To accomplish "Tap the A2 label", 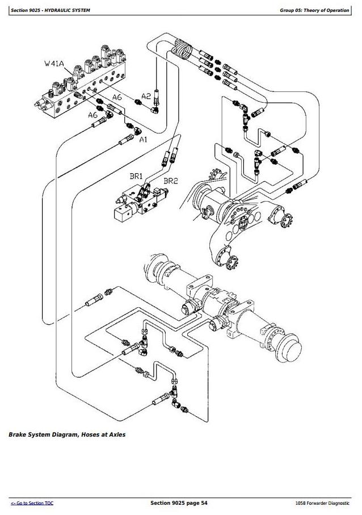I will click(146, 96).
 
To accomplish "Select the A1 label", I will click(144, 139).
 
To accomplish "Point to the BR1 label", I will click(137, 177).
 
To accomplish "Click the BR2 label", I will click(171, 181).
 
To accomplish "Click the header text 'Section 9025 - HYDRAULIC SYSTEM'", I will click(47, 10).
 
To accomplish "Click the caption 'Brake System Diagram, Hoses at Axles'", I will click(67, 435).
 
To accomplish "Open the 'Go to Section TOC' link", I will click(32, 503).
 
